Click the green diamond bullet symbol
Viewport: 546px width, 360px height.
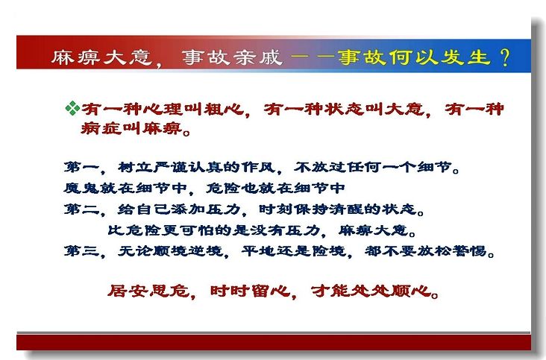72,108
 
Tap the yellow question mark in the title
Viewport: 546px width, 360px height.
504,57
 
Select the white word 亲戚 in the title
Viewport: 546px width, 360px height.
257,57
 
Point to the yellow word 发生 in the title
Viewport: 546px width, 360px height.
465,57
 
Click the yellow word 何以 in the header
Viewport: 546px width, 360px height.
413,57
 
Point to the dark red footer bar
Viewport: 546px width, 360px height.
274,343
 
